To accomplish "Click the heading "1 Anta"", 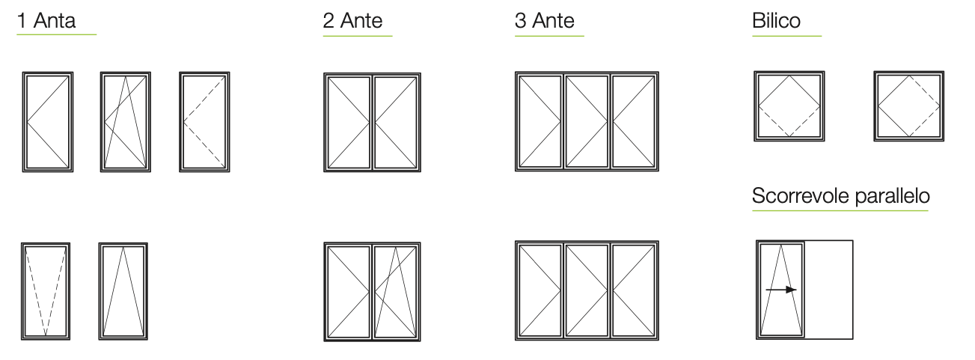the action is coord(46,20).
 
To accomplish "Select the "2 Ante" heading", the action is coord(352,20).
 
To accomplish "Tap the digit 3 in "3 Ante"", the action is coord(520,20).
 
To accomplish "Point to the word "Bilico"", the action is coord(776,20).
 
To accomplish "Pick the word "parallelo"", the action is coord(892,195).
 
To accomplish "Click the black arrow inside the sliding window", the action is coord(781,290).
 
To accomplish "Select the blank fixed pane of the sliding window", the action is coord(828,290).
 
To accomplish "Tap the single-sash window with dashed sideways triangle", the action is coord(204,122).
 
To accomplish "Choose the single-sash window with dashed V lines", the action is coord(46,291).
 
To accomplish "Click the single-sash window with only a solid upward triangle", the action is coord(123,291).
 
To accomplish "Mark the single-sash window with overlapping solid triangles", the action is coord(126,122).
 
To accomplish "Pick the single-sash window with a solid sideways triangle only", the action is coord(48,122).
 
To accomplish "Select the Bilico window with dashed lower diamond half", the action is coord(789,106).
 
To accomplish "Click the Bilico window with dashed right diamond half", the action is coord(909,106).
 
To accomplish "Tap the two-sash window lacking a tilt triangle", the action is coord(372,122).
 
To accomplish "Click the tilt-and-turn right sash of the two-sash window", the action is coord(396,292).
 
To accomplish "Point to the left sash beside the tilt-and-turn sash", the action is coord(349,292).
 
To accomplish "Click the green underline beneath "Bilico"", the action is coord(787,36).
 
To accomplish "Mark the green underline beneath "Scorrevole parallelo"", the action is coord(840,211).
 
